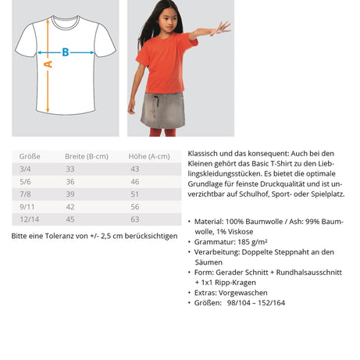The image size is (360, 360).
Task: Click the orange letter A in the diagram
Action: [x=48, y=65]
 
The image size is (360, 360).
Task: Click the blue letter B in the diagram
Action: [x=66, y=52]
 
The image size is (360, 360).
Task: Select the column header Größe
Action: [x=29, y=155]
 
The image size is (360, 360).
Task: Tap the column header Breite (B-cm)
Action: [x=87, y=155]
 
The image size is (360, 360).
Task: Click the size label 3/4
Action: [x=26, y=169]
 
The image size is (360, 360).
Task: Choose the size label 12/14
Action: [x=29, y=219]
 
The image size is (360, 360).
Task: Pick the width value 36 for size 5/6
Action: [x=70, y=181]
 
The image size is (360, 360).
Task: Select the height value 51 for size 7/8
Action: [x=134, y=194]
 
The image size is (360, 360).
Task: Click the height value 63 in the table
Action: [x=134, y=219]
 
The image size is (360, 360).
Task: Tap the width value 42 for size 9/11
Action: [x=70, y=206]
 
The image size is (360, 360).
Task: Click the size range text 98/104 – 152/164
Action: [x=266, y=302]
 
